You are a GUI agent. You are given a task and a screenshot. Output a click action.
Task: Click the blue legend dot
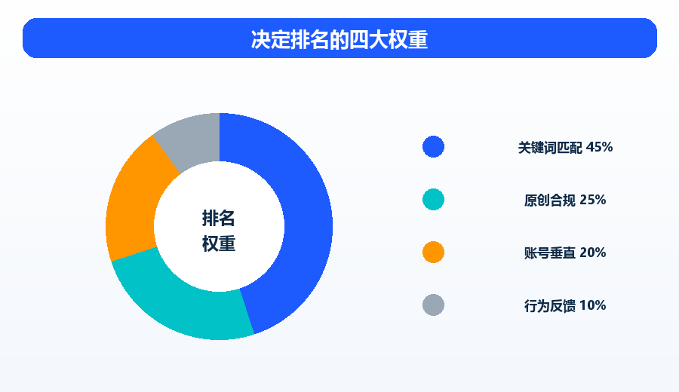coord(433,147)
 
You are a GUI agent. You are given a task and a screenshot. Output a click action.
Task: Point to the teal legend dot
coord(433,200)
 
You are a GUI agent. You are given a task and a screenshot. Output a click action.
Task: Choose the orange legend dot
coord(433,253)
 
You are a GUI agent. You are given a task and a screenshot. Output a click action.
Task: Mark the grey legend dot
coord(433,305)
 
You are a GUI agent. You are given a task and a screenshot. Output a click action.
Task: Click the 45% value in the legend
coord(599,147)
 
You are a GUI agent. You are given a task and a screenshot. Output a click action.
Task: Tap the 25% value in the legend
coord(593,200)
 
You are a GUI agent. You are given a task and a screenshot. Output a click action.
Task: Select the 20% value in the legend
coord(593,253)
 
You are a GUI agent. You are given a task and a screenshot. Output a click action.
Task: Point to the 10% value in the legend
coord(593,305)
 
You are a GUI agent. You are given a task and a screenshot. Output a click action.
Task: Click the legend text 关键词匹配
coord(551,148)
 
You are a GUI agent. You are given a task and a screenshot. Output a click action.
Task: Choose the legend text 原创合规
coord(550,201)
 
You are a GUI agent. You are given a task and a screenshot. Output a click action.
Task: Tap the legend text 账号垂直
coord(550,253)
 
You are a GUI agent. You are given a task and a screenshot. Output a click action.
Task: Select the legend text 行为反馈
coord(550,306)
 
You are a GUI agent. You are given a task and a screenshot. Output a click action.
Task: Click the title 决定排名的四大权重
coord(339,39)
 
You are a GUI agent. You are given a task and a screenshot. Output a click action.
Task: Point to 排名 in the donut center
coord(219,218)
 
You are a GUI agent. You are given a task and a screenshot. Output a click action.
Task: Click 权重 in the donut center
coord(219,243)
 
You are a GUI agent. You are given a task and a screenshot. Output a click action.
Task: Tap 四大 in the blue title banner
coord(369,39)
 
